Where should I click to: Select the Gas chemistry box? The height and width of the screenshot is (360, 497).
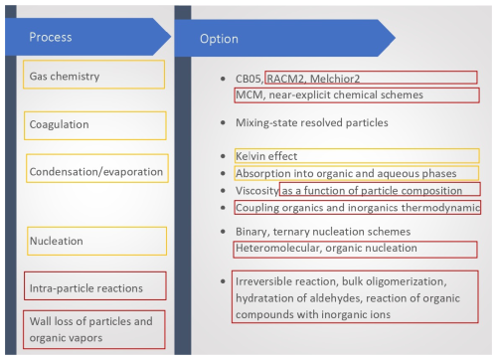tap(94, 75)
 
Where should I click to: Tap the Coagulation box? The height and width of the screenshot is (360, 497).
tap(94, 125)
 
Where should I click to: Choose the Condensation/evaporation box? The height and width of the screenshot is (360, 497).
tap(94, 168)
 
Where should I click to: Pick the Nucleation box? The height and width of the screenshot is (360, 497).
tap(94, 240)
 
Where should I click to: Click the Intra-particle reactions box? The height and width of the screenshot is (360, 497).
tap(94, 287)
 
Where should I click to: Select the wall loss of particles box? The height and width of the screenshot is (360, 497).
tap(94, 329)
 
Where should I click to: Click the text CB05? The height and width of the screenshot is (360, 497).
tap(247, 78)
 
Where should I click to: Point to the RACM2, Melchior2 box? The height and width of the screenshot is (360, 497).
tap(370, 78)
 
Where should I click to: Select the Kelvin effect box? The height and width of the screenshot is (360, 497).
tap(356, 156)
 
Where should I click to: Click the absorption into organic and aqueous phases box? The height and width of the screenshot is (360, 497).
tap(356, 173)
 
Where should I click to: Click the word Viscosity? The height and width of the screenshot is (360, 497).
tap(256, 190)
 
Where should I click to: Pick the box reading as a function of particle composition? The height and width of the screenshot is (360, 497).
tap(380, 190)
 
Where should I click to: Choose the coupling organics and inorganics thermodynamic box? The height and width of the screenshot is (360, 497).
tap(356, 208)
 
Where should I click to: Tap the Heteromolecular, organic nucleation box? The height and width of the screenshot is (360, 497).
tap(355, 248)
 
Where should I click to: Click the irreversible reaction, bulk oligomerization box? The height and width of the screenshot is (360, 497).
tap(355, 296)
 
